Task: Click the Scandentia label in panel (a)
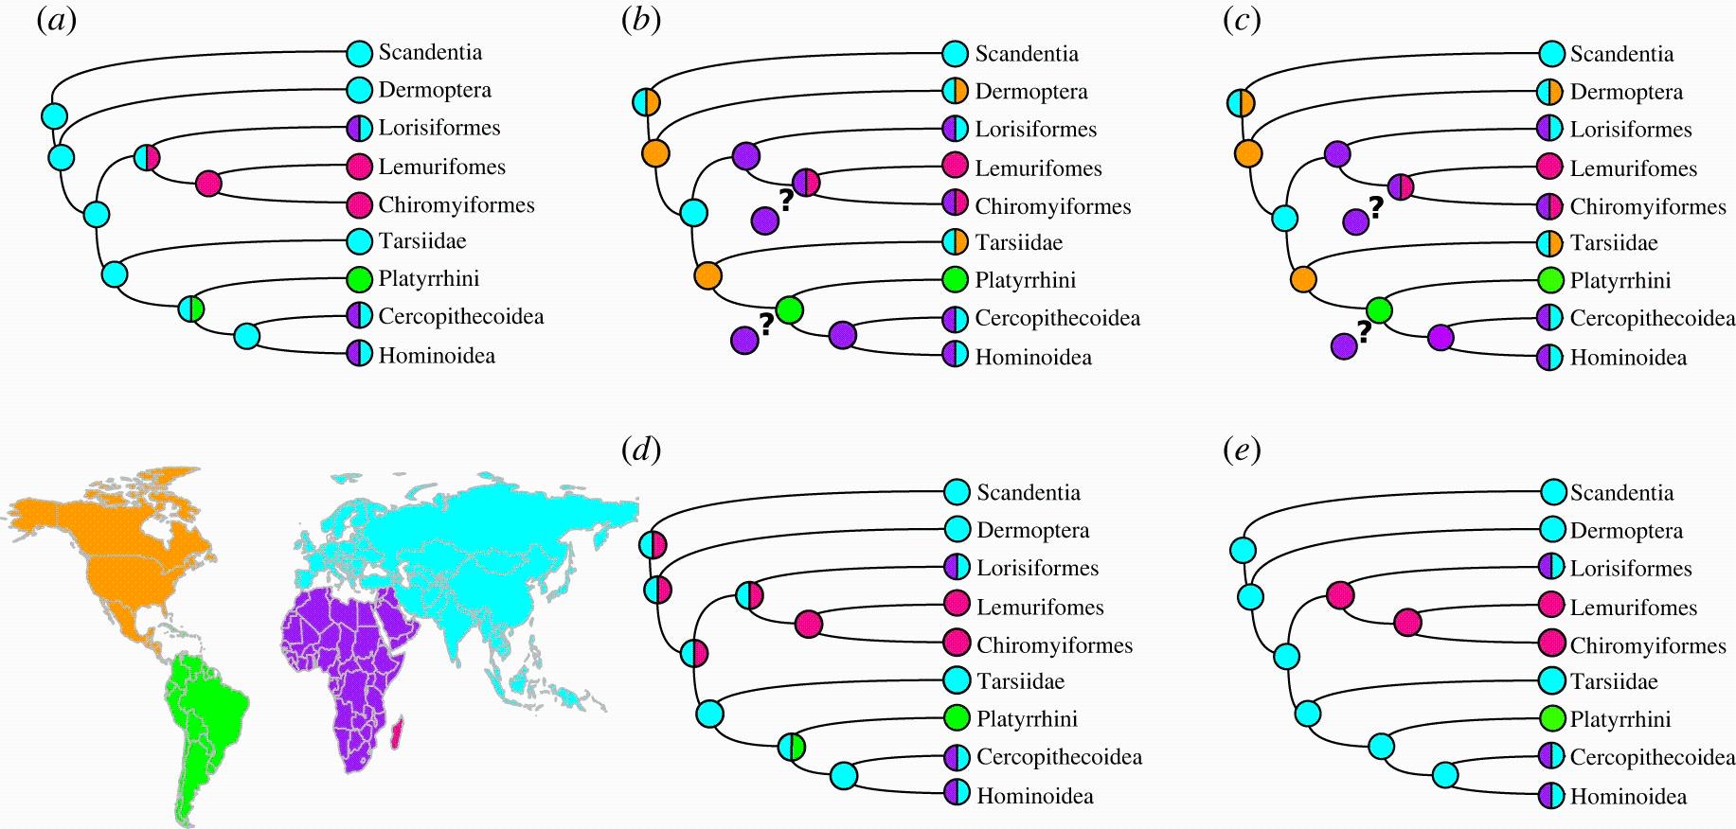pos(430,53)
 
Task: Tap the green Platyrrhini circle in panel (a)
pos(359,280)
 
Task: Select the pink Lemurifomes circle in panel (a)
pos(359,168)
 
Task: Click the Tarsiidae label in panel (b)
pos(1019,243)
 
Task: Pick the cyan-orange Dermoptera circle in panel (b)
pos(956,92)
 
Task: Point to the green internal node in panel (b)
pos(789,309)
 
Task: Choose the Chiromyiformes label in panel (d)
pos(1055,646)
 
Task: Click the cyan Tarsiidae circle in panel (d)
pos(957,681)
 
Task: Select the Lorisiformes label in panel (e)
pos(1631,569)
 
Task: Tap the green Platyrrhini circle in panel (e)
pos(1552,719)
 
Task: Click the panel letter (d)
pos(641,450)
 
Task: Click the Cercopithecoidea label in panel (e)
pos(1652,758)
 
